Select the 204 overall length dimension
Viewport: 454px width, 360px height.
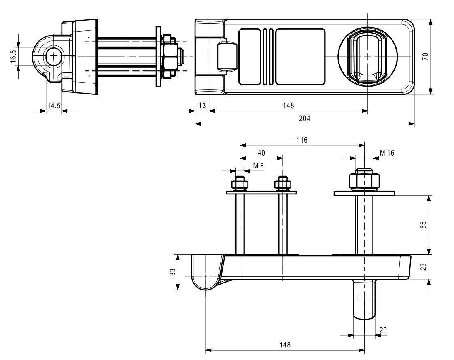304,119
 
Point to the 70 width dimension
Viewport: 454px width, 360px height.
425,57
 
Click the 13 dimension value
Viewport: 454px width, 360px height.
202,106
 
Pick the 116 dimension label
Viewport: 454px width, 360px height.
302,140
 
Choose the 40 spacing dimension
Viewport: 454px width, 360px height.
261,153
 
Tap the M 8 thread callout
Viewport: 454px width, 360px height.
259,166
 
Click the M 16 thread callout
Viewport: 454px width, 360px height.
387,153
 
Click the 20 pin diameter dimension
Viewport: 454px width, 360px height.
383,330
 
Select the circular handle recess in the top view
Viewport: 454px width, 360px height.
367,57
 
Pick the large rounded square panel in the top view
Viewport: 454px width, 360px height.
300,57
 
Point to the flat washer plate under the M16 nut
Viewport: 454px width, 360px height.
364,193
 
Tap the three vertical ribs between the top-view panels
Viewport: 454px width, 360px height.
267,57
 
